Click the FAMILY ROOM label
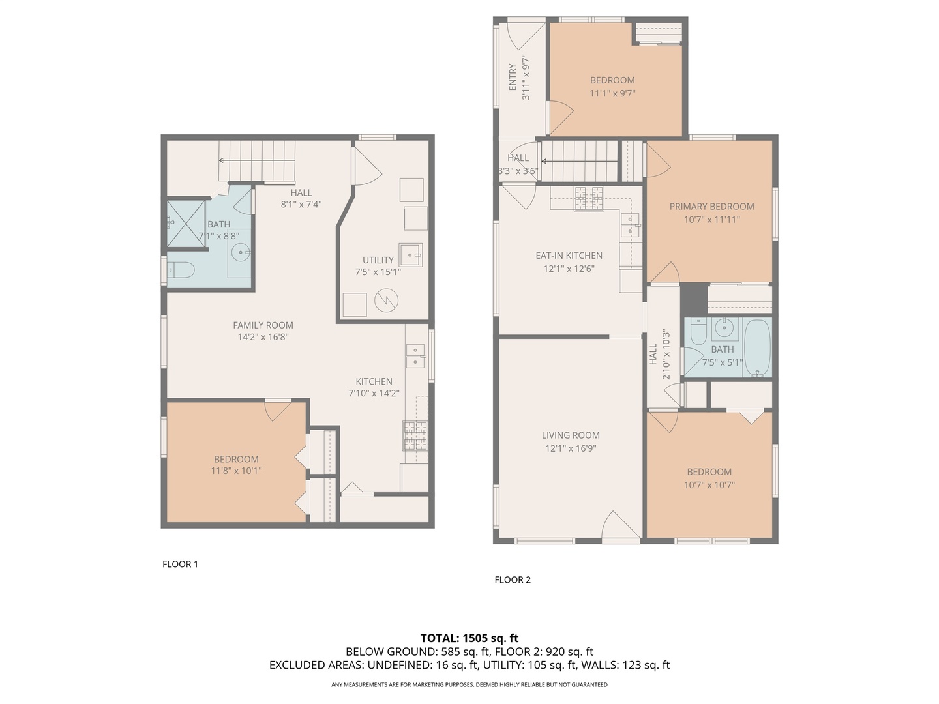point(263,325)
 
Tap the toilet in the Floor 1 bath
point(181,270)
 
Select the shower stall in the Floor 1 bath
point(185,224)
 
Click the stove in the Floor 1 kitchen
point(415,436)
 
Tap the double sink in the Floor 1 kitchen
point(415,357)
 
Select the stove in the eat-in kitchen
point(588,199)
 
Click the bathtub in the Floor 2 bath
point(757,349)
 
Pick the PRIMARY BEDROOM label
point(711,207)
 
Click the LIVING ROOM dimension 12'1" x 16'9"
point(571,448)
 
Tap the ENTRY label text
point(513,78)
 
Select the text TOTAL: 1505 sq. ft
point(469,638)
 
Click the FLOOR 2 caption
point(513,579)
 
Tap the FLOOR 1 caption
point(180,564)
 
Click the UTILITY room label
point(378,260)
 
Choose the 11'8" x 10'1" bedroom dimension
point(236,471)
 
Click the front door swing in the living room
point(620,525)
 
